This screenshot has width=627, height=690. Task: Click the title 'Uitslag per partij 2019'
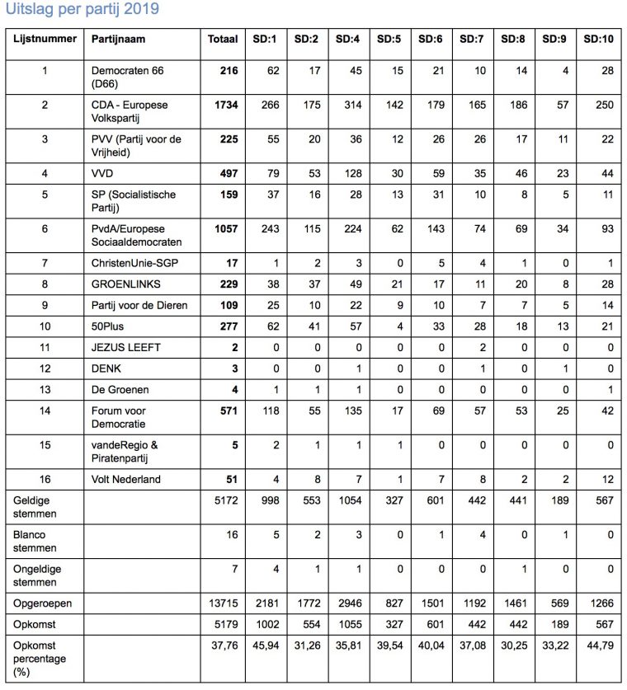(82, 10)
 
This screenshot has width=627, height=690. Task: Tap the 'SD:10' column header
(597, 39)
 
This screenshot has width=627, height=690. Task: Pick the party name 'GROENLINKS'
(127, 284)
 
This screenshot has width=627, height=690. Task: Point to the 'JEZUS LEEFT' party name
(125, 347)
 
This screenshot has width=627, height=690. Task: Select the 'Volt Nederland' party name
(125, 479)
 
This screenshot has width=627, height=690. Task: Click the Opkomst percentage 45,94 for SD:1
(266, 645)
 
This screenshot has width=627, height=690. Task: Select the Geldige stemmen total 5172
(225, 500)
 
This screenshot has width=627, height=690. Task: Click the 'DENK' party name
(106, 368)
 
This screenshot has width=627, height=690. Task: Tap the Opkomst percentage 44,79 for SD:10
(597, 645)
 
